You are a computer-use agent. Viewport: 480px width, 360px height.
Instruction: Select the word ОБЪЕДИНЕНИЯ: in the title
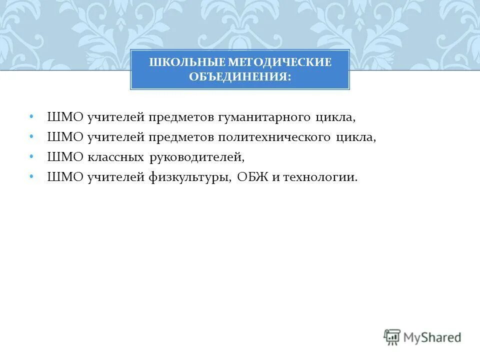(x=240, y=77)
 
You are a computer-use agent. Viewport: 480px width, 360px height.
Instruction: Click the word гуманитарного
(x=264, y=118)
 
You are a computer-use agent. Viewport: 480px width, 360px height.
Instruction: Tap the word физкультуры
(x=189, y=177)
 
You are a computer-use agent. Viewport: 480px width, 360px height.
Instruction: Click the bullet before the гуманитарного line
(x=31, y=116)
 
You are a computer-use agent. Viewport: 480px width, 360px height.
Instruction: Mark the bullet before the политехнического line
(x=31, y=136)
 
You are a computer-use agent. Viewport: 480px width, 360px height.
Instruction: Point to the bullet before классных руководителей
(x=31, y=156)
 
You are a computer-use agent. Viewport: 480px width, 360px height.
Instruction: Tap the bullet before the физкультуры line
(x=31, y=176)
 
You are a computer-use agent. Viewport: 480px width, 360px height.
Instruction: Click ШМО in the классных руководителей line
(x=65, y=157)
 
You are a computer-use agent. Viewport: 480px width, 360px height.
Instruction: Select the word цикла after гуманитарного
(x=335, y=118)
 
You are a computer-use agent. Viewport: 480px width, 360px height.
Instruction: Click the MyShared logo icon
(x=392, y=337)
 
